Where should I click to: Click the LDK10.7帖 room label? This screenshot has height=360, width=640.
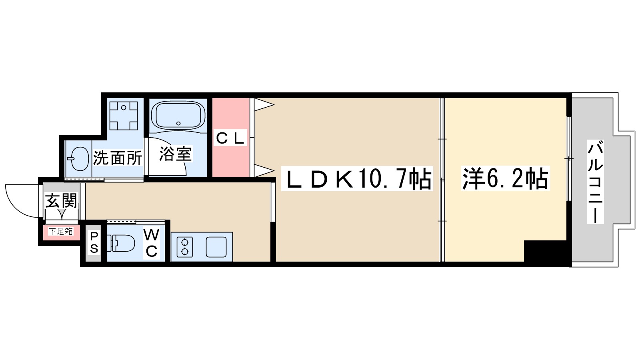[357, 179]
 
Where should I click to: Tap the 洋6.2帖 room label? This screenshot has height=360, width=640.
[505, 179]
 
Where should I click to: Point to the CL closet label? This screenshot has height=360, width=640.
[230, 138]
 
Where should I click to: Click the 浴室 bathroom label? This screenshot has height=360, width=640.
[176, 154]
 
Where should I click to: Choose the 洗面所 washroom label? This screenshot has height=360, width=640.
[118, 158]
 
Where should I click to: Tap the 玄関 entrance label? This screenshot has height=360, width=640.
[61, 200]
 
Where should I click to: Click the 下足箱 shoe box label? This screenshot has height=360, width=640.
[61, 231]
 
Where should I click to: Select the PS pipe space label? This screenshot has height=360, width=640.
[94, 242]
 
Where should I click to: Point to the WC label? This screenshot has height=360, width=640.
[151, 243]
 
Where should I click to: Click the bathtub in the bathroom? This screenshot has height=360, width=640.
[178, 115]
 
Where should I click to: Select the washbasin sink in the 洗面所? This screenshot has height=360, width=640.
[80, 158]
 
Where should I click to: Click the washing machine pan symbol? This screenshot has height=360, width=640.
[124, 116]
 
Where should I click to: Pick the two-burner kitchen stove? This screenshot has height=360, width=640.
[185, 247]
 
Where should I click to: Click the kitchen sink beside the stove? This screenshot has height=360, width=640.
[216, 247]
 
